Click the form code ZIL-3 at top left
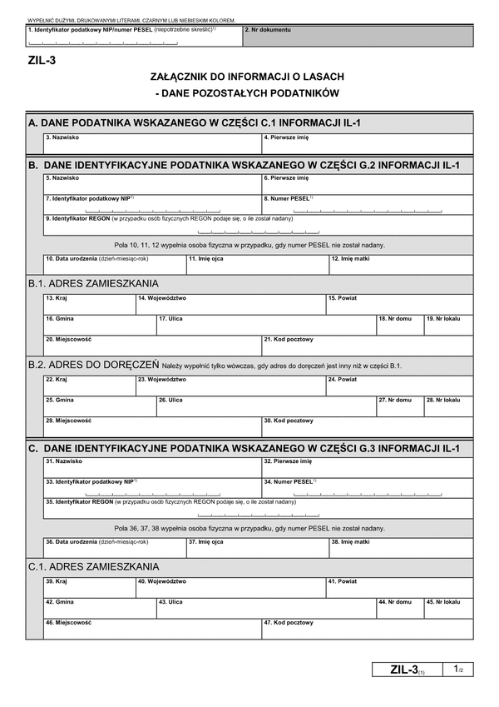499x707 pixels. point(42,60)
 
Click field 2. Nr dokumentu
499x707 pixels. point(358,36)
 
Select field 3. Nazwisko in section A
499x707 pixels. point(151,144)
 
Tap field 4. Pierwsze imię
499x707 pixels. point(367,144)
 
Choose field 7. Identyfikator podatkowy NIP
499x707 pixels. point(151,204)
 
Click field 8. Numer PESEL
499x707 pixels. point(367,204)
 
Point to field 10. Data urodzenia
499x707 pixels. point(114,264)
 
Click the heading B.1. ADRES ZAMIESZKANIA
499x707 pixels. point(93,283)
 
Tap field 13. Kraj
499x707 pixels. point(89,304)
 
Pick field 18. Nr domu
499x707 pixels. point(398,325)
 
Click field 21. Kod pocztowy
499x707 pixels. point(367,345)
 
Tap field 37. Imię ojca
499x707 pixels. point(256,547)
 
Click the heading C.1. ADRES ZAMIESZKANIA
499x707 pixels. point(93,566)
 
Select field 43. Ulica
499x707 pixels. point(265,608)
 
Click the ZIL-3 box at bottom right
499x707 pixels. point(408,670)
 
